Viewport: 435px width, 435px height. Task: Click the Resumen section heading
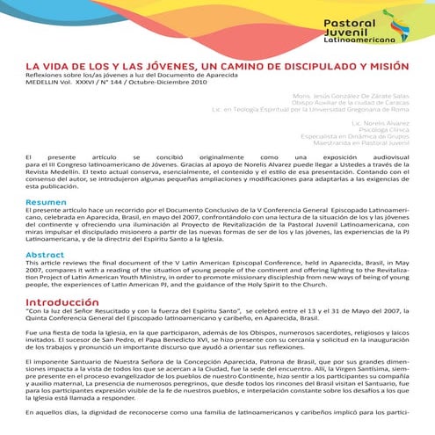point(46,202)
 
